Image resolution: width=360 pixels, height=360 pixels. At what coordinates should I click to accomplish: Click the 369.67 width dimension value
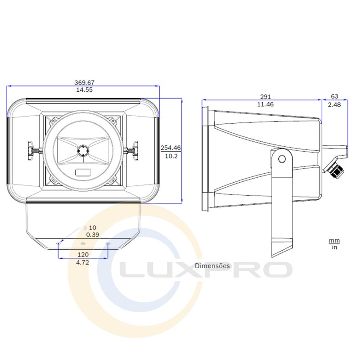84,82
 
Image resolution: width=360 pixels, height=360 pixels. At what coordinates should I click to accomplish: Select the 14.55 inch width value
84,90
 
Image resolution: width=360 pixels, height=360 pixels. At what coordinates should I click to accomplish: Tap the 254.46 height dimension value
171,148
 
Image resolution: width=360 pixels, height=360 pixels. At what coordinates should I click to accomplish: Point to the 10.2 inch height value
171,156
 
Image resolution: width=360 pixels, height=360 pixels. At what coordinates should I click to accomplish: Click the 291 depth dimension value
265,97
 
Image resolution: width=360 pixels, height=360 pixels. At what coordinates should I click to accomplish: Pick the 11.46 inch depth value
265,104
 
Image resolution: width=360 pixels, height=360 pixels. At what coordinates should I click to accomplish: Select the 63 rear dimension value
334,96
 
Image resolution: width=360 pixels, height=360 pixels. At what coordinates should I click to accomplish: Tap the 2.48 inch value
334,105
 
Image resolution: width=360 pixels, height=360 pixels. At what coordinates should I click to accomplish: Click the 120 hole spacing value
83,255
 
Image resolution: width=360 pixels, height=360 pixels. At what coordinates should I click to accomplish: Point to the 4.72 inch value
82,262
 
